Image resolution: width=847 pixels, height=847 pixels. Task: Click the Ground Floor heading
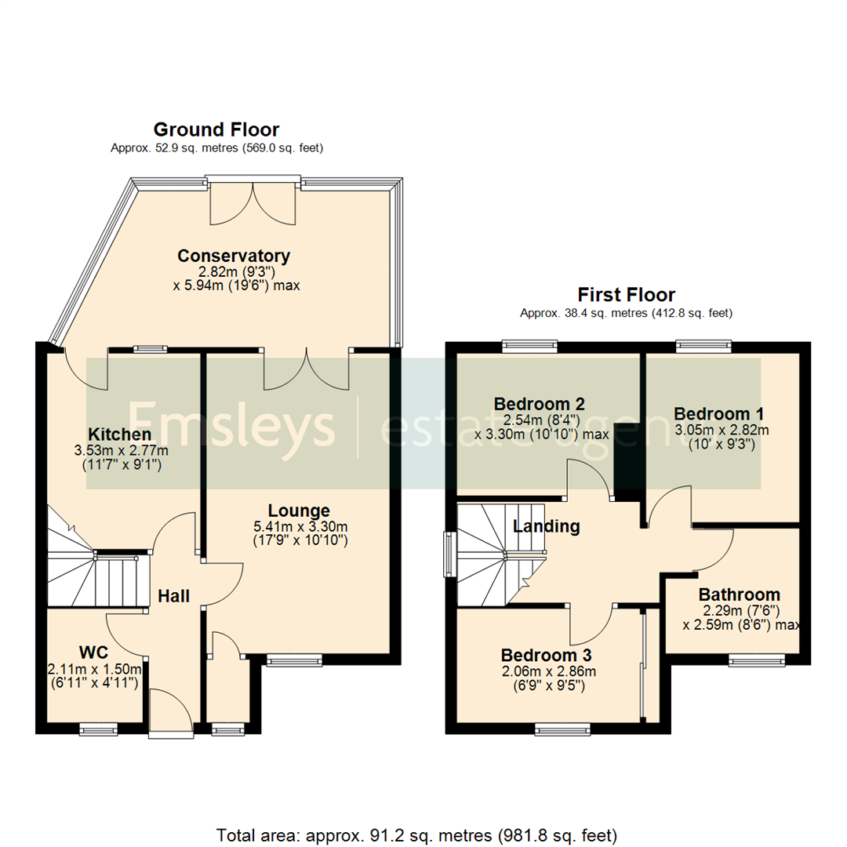pyautogui.click(x=216, y=129)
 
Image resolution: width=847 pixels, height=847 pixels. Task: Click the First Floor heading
pyautogui.click(x=626, y=295)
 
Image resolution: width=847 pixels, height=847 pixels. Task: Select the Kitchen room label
pyautogui.click(x=119, y=434)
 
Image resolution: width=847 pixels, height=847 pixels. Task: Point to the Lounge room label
pyautogui.click(x=299, y=511)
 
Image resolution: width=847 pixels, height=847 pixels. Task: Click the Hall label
pyautogui.click(x=173, y=596)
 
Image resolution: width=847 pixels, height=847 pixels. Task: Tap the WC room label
pyautogui.click(x=93, y=653)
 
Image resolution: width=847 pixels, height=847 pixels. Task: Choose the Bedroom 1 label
pyautogui.click(x=720, y=413)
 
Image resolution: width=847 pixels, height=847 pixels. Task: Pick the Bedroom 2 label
pyautogui.click(x=540, y=404)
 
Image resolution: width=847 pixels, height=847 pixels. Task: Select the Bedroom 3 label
pyautogui.click(x=547, y=655)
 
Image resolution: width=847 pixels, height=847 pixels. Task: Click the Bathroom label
pyautogui.click(x=739, y=594)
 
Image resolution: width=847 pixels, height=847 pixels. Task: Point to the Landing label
pyautogui.click(x=546, y=526)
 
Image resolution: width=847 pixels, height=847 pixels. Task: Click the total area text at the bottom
pyautogui.click(x=416, y=834)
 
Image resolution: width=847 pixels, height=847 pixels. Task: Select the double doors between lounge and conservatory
pyautogui.click(x=307, y=369)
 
